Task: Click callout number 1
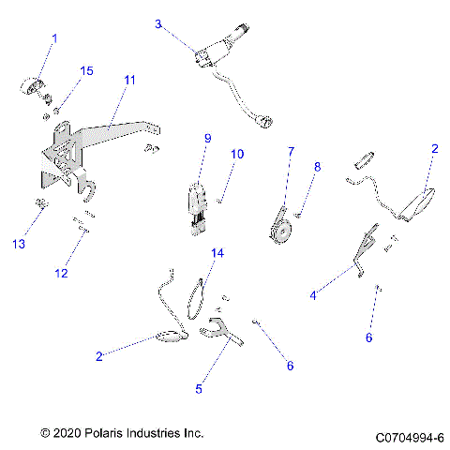point(53,38)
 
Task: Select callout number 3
point(158,23)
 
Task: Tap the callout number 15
point(86,71)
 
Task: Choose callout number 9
point(207,139)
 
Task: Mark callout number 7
point(291,151)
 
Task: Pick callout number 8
point(317,167)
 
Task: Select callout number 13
point(18,244)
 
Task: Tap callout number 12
point(61,274)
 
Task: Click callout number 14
point(217,254)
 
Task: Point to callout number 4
point(312,295)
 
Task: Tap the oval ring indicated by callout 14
point(198,295)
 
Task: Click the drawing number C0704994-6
point(409,437)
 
